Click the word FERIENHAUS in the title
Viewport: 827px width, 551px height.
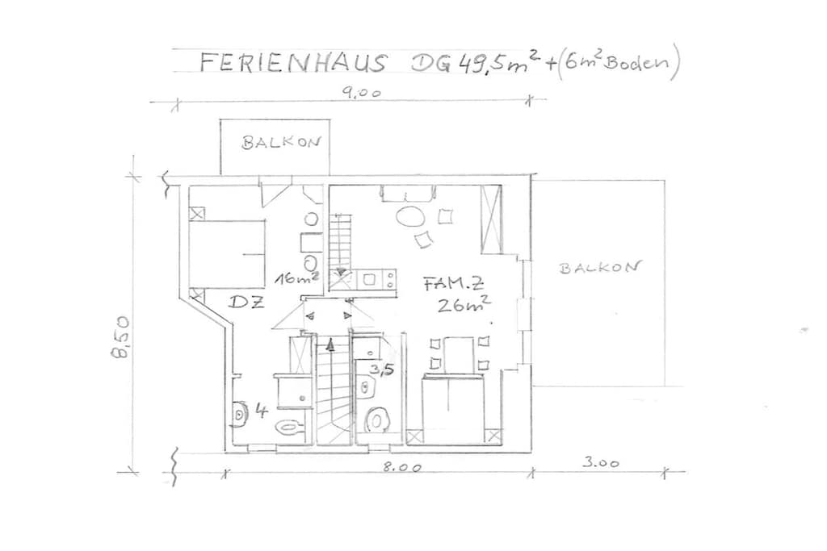[292, 63]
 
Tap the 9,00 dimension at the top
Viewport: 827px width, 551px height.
[361, 94]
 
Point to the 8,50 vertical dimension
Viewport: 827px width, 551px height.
[121, 337]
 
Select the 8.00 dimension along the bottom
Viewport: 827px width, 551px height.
[402, 467]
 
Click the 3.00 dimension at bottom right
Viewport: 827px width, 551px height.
[601, 463]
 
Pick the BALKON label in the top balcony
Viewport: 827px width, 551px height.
[281, 143]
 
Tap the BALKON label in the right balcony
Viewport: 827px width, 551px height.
[600, 267]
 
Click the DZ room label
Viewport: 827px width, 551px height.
[246, 303]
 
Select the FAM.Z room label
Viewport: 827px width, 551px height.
[453, 285]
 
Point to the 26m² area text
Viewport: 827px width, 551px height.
[464, 304]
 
